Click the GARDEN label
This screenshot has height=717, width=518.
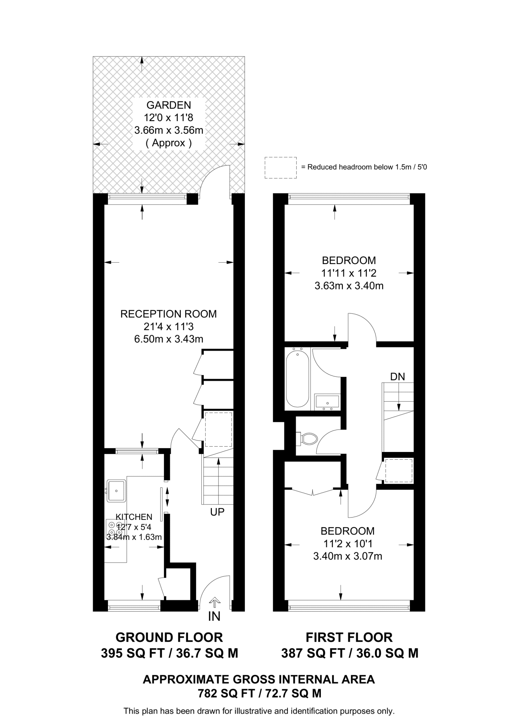tap(168, 105)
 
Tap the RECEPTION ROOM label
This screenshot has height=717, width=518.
tap(168, 314)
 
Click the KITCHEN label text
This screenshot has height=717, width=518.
tap(134, 517)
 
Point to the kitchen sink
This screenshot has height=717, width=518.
tap(116, 490)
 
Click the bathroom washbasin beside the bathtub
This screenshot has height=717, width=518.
tap(327, 401)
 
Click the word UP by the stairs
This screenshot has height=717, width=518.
tap(217, 512)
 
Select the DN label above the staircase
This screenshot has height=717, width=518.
tap(398, 377)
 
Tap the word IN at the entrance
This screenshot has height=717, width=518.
tap(214, 617)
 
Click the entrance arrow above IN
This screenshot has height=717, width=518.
tap(214, 602)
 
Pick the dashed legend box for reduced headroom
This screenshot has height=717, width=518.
tap(281, 168)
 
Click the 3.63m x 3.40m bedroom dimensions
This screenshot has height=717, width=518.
tap(349, 286)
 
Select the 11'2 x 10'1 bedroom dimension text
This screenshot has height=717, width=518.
tap(347, 544)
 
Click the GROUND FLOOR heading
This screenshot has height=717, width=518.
tap(169, 638)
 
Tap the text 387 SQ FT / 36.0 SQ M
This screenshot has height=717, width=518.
tap(350, 653)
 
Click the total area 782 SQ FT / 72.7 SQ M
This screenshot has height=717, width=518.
tap(259, 694)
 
